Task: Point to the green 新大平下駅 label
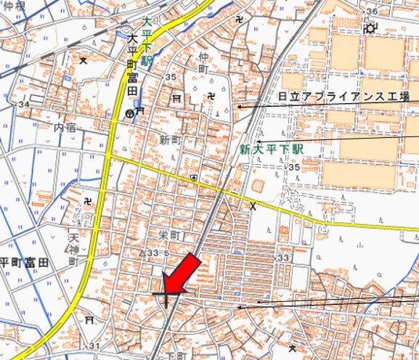click(271, 149)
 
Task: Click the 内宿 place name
click(65, 127)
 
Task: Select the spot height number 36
click(373, 12)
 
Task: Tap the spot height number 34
click(25, 105)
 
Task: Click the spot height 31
click(95, 345)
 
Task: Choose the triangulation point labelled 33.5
click(148, 253)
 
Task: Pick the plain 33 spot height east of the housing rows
click(283, 258)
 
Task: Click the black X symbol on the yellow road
click(253, 207)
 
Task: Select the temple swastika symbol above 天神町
click(88, 201)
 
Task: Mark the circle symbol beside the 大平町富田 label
click(129, 113)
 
